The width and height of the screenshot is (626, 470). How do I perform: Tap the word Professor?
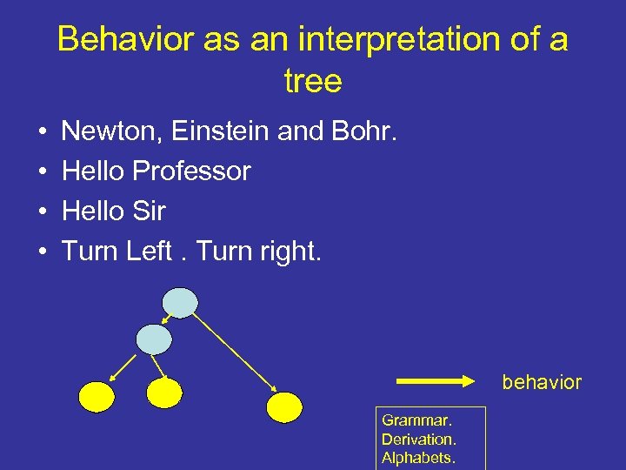click(192, 171)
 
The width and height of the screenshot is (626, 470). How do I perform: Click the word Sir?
click(149, 211)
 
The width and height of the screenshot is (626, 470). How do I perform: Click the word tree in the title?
click(313, 82)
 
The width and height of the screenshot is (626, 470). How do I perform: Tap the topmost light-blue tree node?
click(181, 303)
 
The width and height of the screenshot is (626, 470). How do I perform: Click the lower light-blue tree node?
click(155, 339)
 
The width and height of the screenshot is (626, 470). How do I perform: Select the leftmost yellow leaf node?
click(97, 397)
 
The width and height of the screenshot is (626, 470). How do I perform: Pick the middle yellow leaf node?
click(164, 393)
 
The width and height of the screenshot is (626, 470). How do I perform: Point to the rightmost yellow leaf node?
click(284, 406)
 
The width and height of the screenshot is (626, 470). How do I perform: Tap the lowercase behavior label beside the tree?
click(541, 383)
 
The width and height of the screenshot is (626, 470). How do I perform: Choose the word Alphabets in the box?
click(418, 458)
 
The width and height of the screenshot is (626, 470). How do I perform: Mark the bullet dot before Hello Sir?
click(43, 211)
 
